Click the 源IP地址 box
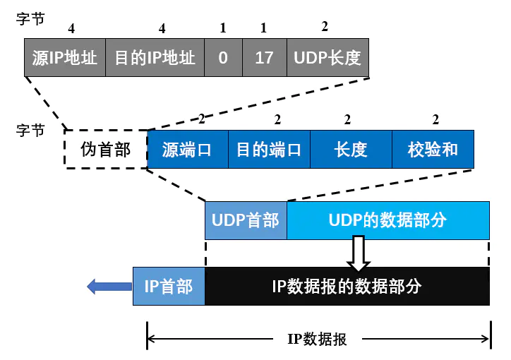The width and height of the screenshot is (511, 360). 65,58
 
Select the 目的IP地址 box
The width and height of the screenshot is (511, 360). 155,58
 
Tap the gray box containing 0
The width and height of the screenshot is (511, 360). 223,58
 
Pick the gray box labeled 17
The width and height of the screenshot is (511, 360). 264,58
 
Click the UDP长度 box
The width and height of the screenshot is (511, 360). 327,58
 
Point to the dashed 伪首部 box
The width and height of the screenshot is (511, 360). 106,150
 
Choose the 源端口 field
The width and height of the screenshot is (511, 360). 187,150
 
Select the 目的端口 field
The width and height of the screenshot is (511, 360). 268,150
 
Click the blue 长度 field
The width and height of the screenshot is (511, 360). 351,150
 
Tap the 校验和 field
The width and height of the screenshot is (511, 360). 433,150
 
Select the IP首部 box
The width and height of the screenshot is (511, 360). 169,286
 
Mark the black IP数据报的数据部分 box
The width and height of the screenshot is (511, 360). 347,286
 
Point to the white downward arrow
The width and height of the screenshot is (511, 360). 359,253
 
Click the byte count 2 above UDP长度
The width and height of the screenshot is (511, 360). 325,27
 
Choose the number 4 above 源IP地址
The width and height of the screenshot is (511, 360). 71,28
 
